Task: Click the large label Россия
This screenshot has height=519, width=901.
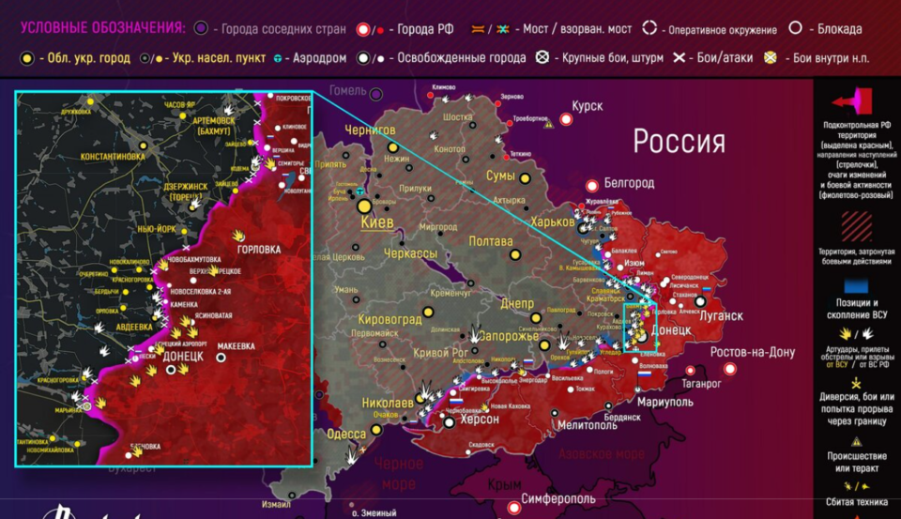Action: coord(679,142)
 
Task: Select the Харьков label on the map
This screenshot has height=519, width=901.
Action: coord(552,222)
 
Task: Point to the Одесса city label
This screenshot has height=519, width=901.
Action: coord(346,434)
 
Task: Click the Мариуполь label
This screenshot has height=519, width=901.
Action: coord(665,402)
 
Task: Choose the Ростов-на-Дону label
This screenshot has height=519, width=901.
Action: coord(752,353)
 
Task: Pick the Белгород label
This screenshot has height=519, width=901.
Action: coord(628,182)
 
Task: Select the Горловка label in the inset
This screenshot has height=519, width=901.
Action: coord(260,250)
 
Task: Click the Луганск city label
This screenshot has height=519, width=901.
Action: coord(720,316)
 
